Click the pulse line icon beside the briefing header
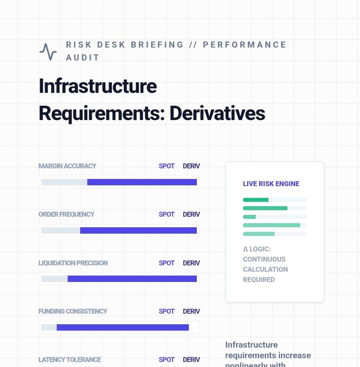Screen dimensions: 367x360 click(x=48, y=52)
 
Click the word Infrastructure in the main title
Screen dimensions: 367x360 click(x=97, y=86)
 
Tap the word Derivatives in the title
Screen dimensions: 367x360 click(x=217, y=113)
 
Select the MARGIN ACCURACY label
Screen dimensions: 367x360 click(x=67, y=166)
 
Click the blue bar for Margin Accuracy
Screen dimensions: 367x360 click(x=142, y=182)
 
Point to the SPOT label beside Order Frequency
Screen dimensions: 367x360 click(x=167, y=214)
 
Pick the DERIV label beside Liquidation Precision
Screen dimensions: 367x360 click(x=191, y=263)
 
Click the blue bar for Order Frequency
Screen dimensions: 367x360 click(x=138, y=230)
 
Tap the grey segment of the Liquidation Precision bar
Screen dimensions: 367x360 click(x=54, y=279)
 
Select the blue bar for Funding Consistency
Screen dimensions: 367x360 click(x=123, y=327)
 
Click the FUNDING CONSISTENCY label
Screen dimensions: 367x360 click(x=73, y=311)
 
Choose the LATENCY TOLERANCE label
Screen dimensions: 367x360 click(x=70, y=360)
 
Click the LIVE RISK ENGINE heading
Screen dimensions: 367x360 click(x=271, y=184)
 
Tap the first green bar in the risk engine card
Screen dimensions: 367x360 click(x=256, y=200)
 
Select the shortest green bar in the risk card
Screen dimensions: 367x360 click(x=249, y=217)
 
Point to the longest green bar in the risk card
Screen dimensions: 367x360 click(x=272, y=225)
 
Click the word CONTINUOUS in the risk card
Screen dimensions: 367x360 click(x=264, y=259)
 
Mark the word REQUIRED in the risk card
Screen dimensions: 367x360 click(x=259, y=280)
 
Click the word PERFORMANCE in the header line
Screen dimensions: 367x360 click(x=245, y=45)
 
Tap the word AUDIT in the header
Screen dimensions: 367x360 click(x=83, y=58)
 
